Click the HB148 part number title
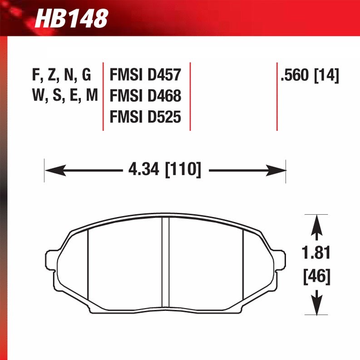tap(72, 18)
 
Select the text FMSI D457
tap(145, 74)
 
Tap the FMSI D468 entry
tap(145, 96)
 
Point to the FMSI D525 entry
tap(145, 117)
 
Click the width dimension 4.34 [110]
tap(164, 171)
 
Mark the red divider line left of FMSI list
tap(104, 96)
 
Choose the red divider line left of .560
tap(277, 96)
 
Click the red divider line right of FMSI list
tap(190, 96)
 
